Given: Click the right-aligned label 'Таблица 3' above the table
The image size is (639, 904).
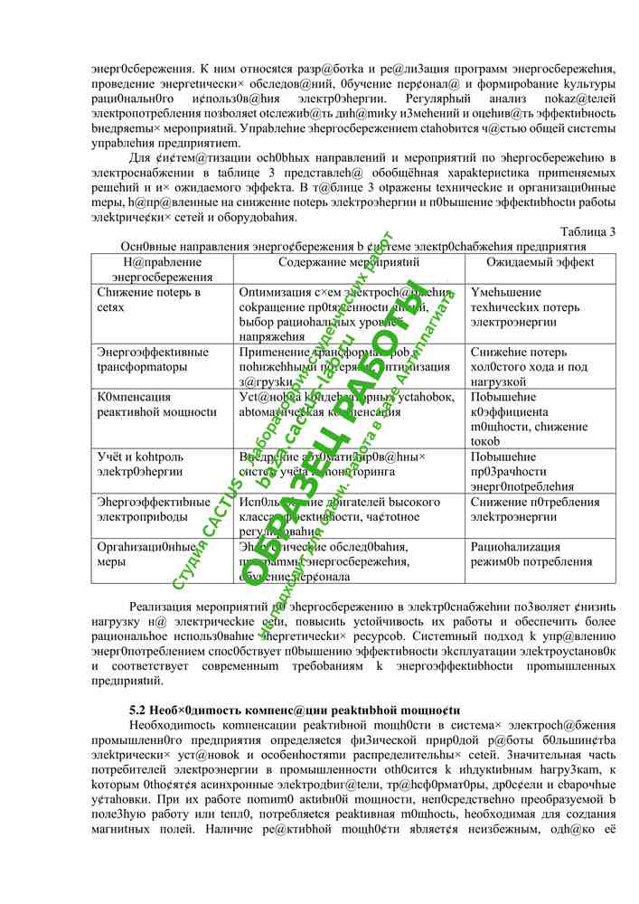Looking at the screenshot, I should [x=587, y=231].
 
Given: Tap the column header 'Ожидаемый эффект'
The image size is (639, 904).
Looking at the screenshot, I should [x=540, y=262].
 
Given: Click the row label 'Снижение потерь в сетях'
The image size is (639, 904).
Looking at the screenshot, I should [x=149, y=300].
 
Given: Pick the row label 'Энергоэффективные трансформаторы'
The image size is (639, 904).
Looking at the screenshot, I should [x=153, y=359].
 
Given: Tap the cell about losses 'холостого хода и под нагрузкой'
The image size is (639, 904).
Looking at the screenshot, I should [x=529, y=366].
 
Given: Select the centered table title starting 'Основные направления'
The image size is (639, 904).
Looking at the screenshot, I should [x=353, y=246].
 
